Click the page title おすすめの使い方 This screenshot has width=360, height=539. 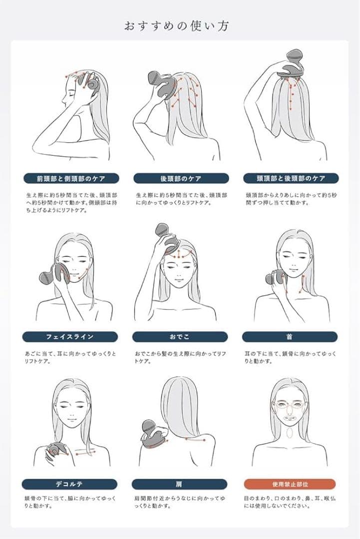(176, 26)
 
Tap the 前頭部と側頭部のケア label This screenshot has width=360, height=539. (71, 178)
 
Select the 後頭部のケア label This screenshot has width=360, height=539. (181, 178)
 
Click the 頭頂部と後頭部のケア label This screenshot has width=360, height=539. (291, 178)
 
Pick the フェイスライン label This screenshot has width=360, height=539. (70, 337)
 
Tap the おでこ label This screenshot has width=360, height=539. (180, 337)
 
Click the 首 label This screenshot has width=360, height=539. (290, 337)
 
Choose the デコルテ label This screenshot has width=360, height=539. (69, 484)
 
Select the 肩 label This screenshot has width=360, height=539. (179, 484)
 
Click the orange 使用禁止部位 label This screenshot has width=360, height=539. (290, 484)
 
